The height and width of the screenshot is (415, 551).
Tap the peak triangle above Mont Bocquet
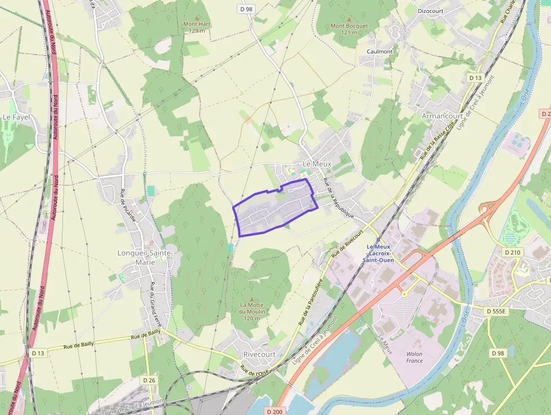tap(349, 19)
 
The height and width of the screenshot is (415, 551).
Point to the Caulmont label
tap(380, 51)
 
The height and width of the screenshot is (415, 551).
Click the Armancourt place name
tap(442, 116)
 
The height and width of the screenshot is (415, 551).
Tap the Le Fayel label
tap(16, 117)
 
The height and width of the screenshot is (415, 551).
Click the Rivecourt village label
tap(259, 354)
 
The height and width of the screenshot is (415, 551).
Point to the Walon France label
tap(414, 357)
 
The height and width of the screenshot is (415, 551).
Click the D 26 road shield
tap(149, 380)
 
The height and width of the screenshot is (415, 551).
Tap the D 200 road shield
tap(274, 411)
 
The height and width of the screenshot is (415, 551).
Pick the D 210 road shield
tap(512, 252)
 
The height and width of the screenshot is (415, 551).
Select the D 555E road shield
tap(496, 311)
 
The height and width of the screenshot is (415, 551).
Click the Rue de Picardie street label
tap(128, 206)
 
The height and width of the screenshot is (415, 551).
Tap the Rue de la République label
tap(338, 198)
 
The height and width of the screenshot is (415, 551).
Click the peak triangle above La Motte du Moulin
tap(251, 300)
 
